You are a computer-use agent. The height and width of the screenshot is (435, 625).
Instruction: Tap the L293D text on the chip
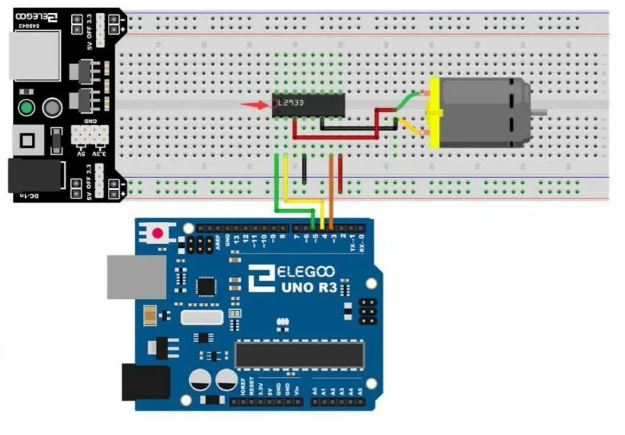point(291,103)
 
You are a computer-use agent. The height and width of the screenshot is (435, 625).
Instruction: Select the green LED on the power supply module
point(26,108)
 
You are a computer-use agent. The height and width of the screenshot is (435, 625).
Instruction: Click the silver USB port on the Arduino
point(135,277)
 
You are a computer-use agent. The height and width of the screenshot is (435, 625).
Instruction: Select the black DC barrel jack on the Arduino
point(145,382)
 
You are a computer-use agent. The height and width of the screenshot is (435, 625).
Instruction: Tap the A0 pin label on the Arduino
point(315,390)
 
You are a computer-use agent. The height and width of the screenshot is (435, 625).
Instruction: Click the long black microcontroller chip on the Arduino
point(299,354)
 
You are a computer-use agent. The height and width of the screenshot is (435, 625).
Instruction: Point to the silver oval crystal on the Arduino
point(201,317)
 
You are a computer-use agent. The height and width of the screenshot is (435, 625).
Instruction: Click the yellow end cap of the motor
point(435,113)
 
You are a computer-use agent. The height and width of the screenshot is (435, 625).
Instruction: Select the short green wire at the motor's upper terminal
point(409,98)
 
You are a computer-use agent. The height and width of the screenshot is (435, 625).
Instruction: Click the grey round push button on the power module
point(52,108)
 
